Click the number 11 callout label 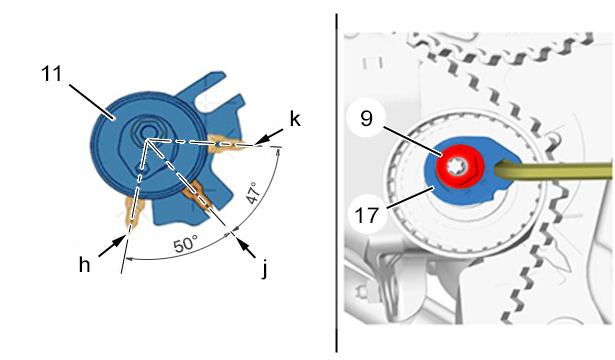(x=52, y=74)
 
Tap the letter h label (x=84, y=265)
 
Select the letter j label (x=265, y=268)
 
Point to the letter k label (x=295, y=119)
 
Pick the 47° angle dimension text (x=254, y=193)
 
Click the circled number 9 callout (x=366, y=118)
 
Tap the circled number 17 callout (x=367, y=215)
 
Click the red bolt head (x=461, y=165)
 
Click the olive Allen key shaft (x=553, y=170)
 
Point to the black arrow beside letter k (x=269, y=136)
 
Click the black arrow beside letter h (x=112, y=246)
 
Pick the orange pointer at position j (x=198, y=195)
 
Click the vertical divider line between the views (x=336, y=183)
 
